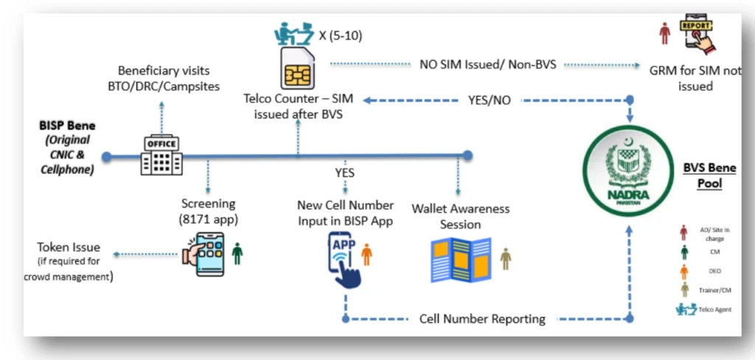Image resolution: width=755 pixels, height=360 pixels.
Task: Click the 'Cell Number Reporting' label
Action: point(482,319)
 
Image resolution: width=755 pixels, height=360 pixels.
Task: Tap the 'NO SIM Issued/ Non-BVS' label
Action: point(487,64)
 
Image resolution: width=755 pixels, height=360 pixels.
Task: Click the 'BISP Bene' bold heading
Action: point(69,125)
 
